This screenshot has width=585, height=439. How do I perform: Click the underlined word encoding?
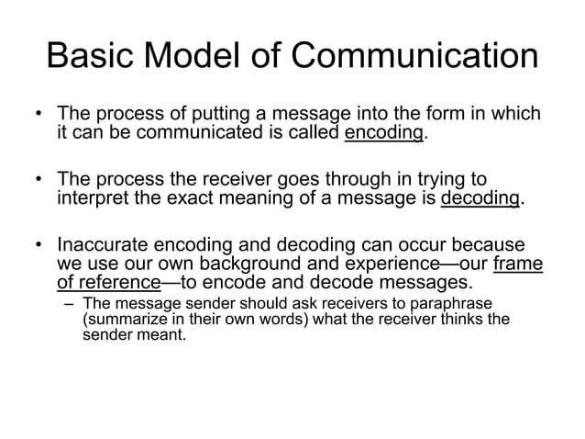click(385, 134)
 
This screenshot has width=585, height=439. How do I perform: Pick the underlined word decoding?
click(480, 198)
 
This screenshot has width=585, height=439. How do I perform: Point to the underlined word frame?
click(518, 265)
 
